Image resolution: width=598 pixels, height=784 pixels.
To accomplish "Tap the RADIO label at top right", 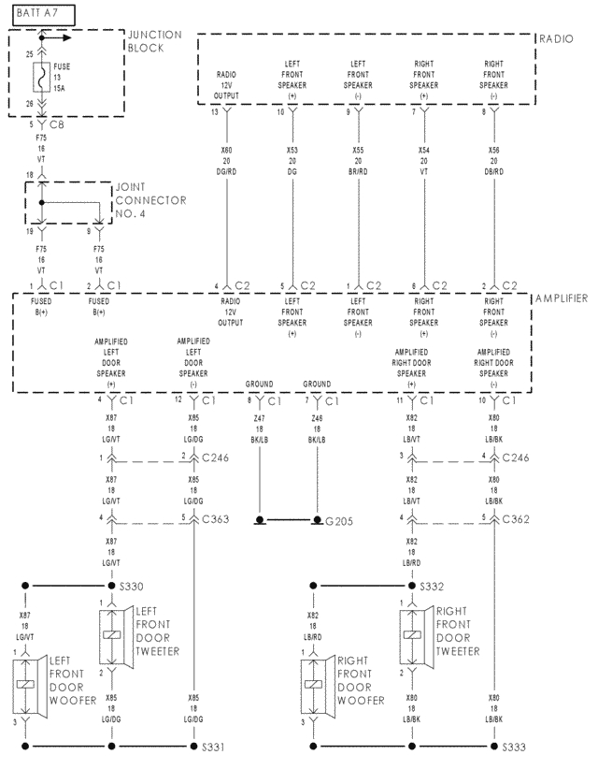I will coord(559,39).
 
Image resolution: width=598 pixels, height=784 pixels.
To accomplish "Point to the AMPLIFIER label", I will coord(562,298).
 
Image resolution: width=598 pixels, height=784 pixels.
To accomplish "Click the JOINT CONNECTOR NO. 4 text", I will coord(149,200).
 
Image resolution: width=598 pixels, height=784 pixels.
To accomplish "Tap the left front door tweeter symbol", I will coord(111,636).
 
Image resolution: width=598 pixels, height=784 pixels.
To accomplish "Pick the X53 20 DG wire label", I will coord(292,159).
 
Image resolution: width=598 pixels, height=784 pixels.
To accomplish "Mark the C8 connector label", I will coord(56,123).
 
